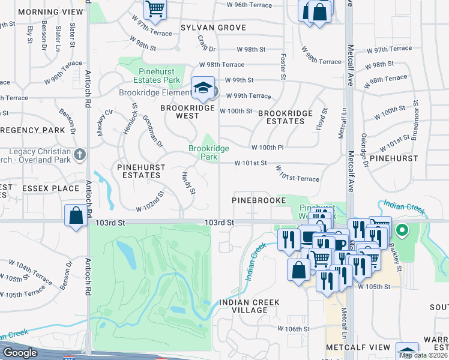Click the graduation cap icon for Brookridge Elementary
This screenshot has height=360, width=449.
pos(203,88)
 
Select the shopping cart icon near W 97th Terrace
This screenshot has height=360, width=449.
pos(155,8)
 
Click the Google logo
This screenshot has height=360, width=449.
pos(20,353)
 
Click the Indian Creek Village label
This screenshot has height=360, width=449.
pos(243,306)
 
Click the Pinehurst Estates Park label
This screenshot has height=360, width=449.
pos(155,76)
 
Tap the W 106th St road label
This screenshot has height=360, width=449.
pos(294,329)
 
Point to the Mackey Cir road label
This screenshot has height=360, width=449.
pos(101,122)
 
